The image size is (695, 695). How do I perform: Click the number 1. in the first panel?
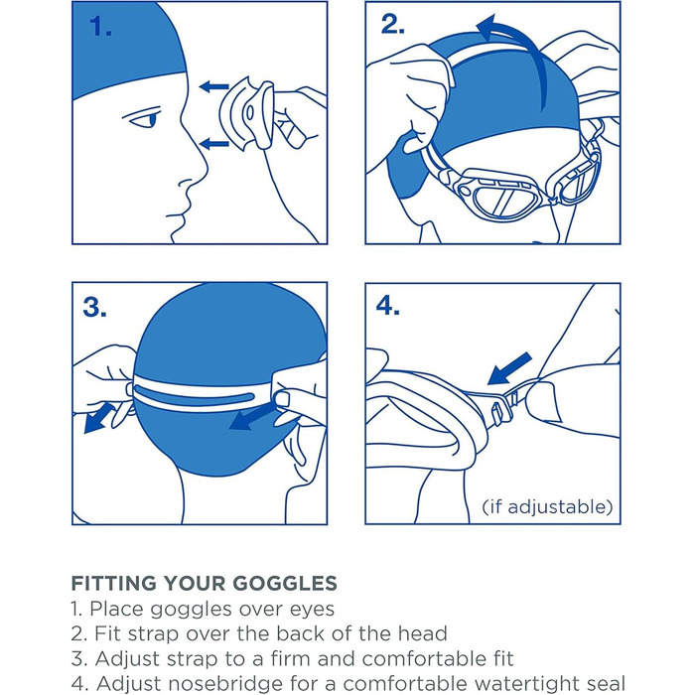pos(100,26)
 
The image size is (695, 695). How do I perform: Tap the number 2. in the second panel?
pos(393,25)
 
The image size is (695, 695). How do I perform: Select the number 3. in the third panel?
pos(94,307)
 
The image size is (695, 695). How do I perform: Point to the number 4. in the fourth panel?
pos(388,306)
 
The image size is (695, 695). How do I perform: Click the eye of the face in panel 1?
pos(148,119)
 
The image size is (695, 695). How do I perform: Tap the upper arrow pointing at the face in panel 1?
pos(214,86)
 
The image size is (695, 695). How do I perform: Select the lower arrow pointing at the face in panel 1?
pos(214,143)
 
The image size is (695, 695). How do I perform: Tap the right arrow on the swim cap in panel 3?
pos(251,418)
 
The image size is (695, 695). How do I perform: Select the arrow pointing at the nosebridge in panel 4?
pos(508,368)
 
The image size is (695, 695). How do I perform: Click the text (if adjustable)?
pos(547,506)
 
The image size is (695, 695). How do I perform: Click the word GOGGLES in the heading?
pos(285,583)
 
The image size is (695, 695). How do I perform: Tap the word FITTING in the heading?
pos(114,583)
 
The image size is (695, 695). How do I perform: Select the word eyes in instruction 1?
pos(312,610)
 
